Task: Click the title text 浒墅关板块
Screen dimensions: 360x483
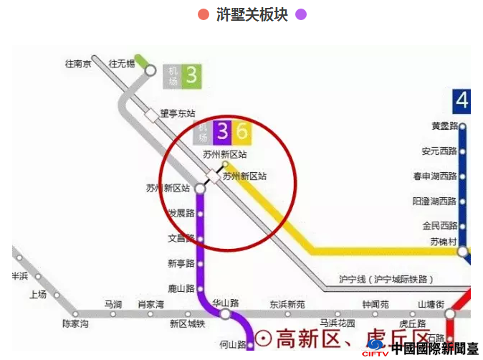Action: click(252, 14)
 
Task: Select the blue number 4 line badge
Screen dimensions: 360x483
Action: click(462, 100)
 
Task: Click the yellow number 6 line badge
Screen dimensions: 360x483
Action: click(241, 131)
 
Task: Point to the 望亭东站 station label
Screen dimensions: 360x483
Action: click(178, 113)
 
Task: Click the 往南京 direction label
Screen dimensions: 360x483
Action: click(78, 64)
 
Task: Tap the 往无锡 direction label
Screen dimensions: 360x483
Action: click(121, 64)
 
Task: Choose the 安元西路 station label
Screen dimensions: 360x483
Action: click(439, 151)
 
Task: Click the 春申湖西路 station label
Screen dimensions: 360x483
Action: click(435, 176)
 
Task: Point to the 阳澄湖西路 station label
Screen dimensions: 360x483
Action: click(435, 201)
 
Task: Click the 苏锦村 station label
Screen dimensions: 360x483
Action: click(444, 242)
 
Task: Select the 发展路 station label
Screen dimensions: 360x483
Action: click(181, 213)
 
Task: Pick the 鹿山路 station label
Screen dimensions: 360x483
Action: click(181, 288)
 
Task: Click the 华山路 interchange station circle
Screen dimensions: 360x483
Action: click(225, 314)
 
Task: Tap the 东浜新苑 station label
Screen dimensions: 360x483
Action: click(287, 304)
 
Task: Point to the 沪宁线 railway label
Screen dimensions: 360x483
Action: click(386, 279)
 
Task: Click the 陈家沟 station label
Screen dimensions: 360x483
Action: click(75, 324)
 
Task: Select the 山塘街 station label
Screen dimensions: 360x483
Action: click(431, 304)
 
